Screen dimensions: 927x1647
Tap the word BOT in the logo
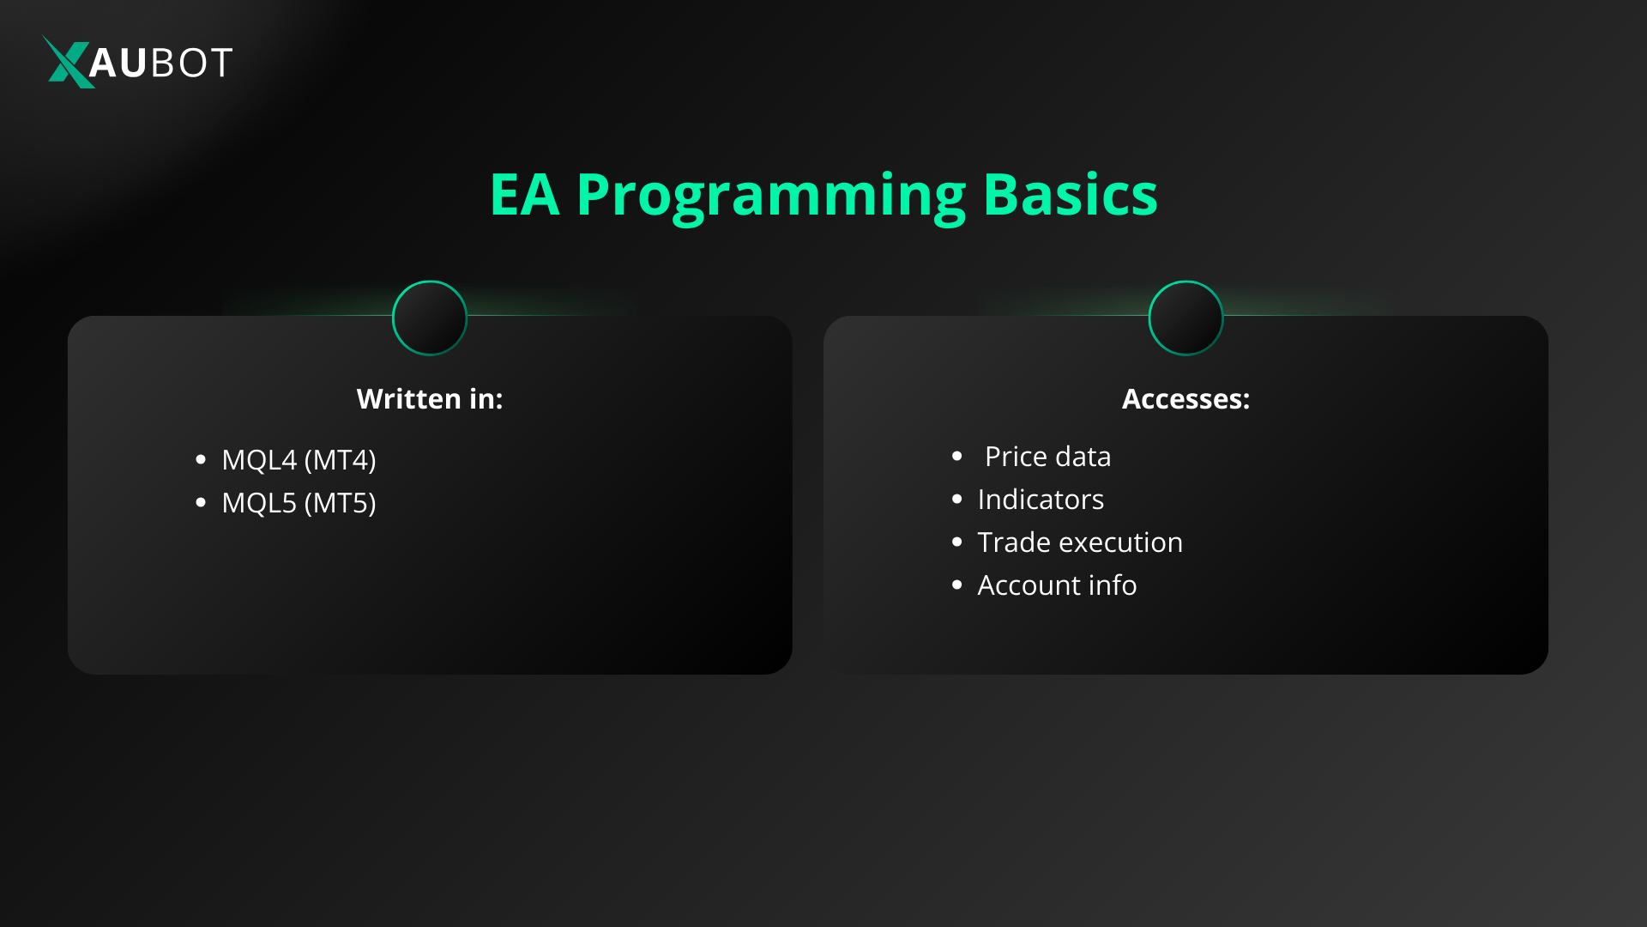click(190, 63)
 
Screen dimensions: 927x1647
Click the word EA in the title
click(524, 195)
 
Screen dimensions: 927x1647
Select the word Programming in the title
click(770, 197)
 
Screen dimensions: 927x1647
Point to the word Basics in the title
click(1070, 195)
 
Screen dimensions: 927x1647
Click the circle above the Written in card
click(430, 318)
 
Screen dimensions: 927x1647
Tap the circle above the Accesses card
click(1185, 318)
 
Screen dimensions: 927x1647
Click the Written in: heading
click(430, 399)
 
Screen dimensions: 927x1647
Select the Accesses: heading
click(1185, 399)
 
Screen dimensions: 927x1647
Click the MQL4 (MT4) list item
click(299, 460)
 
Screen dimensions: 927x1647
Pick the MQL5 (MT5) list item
click(299, 503)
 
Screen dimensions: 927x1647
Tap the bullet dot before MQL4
click(201, 460)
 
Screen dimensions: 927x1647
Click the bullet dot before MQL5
click(201, 503)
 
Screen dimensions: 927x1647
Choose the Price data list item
click(1047, 457)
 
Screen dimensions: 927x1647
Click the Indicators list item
click(1041, 500)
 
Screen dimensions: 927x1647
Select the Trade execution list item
click(1079, 542)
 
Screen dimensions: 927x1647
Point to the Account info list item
click(1057, 585)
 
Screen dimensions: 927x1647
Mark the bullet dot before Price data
click(957, 457)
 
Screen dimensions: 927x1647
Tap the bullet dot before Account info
click(957, 585)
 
